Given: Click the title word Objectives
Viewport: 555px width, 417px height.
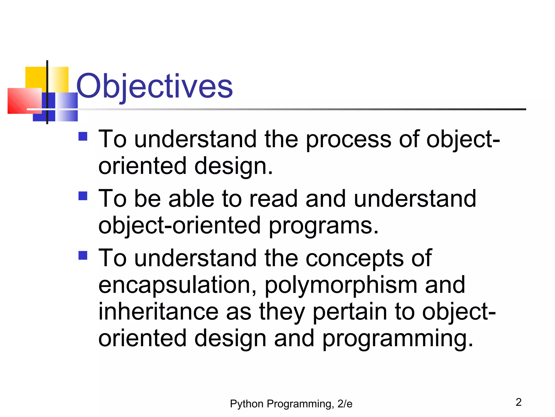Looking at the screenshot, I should point(154,86).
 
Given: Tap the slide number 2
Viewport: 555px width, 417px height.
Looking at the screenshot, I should point(518,402).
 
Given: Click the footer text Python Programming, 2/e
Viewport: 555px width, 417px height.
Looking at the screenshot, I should point(291,404).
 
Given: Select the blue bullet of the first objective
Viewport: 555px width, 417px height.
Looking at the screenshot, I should point(83,136).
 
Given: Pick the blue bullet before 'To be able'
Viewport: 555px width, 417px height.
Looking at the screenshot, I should point(83,196).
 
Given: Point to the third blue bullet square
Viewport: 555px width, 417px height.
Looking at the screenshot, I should point(83,255).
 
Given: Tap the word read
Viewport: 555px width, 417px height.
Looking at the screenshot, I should point(273,199).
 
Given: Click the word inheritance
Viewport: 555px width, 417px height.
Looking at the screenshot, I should point(158,312).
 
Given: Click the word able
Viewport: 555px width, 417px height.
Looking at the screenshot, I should point(191,199).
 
